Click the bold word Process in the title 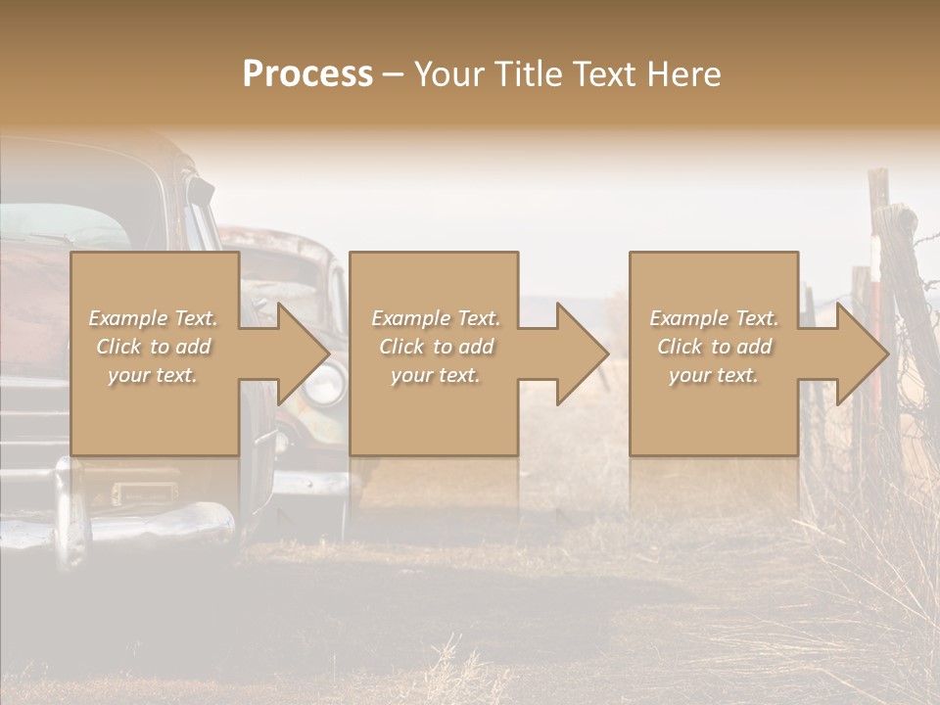[x=307, y=74]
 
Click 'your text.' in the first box [x=153, y=375]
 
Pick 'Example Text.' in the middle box [x=436, y=318]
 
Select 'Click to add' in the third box [x=714, y=347]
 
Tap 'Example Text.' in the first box [x=153, y=318]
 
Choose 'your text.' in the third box [x=714, y=375]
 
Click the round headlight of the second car [x=323, y=384]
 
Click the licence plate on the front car [x=144, y=493]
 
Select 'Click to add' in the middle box [x=436, y=347]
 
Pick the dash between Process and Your [x=394, y=74]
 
